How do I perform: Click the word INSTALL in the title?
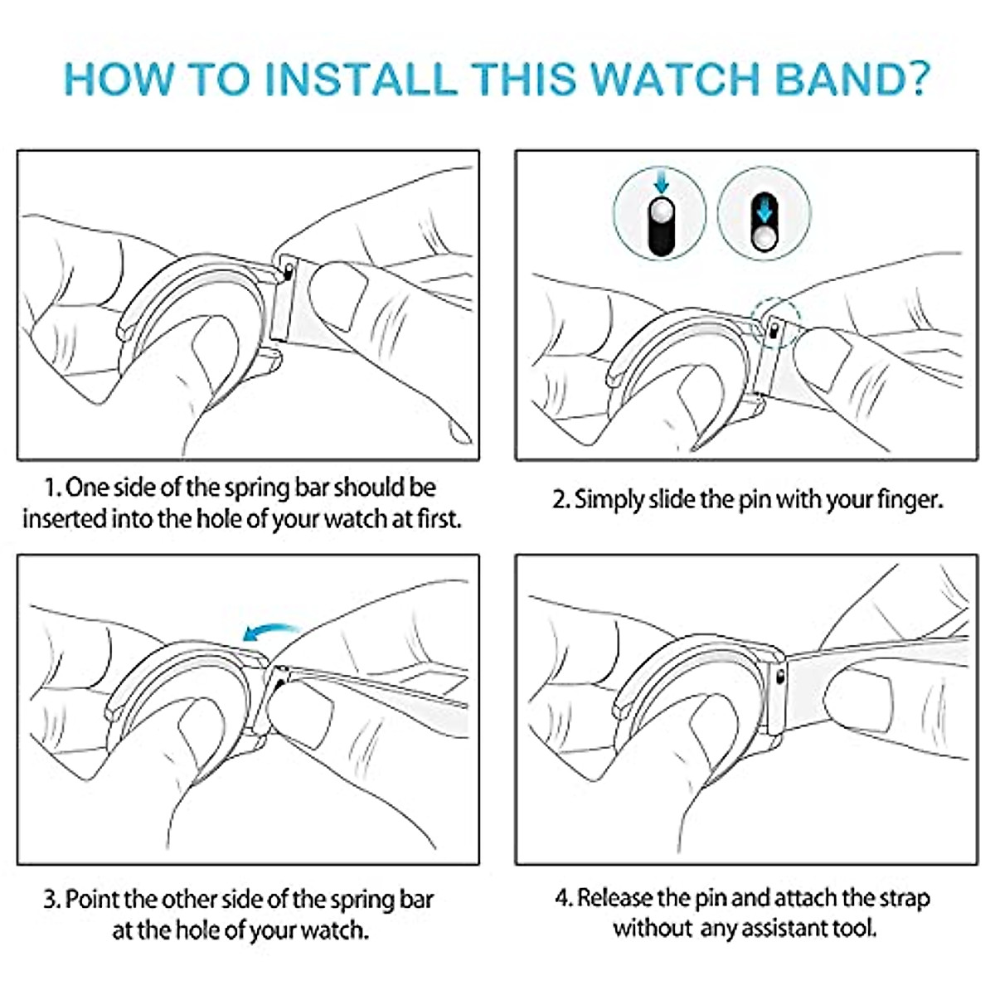[x=360, y=78]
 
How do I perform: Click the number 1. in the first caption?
[x=52, y=488]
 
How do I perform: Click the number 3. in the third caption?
[x=52, y=900]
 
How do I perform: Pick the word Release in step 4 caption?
[x=614, y=898]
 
